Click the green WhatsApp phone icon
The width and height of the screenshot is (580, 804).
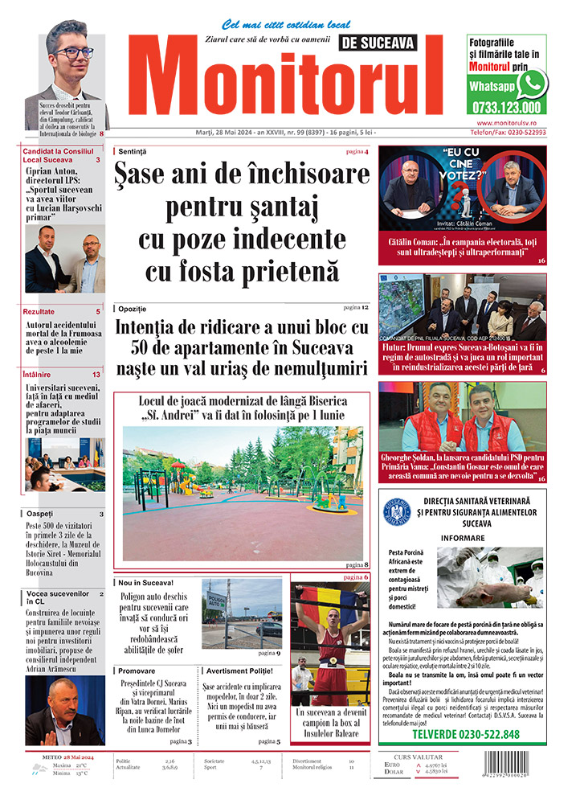[x=532, y=84]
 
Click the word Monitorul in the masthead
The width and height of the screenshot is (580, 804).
[x=289, y=80]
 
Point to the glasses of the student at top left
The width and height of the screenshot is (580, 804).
[x=73, y=53]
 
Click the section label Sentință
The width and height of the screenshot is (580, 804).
[x=132, y=151]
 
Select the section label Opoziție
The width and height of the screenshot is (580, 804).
[x=132, y=309]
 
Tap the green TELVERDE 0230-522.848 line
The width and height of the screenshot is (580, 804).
[x=465, y=734]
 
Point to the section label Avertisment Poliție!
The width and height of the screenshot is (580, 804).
[x=241, y=670]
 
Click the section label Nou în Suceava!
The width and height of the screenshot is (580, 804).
[x=145, y=582]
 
